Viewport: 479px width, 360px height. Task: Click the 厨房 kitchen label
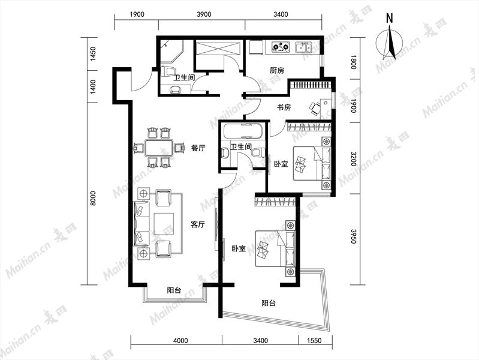(x=277, y=71)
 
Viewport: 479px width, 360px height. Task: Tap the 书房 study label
(x=284, y=107)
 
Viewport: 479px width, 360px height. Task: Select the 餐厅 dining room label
(x=198, y=148)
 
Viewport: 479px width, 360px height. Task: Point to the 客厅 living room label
(x=198, y=225)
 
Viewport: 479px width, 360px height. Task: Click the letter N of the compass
(x=389, y=19)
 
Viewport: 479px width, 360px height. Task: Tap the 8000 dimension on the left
(x=93, y=198)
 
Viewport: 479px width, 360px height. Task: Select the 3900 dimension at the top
(x=204, y=14)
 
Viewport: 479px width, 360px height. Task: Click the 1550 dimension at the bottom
(x=315, y=340)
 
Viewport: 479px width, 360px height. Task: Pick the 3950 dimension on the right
(x=354, y=236)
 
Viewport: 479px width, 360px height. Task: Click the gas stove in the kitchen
(x=281, y=47)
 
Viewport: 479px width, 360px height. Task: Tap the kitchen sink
(x=303, y=47)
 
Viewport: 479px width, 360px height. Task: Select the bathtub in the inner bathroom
(x=243, y=131)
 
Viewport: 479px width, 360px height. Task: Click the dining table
(x=159, y=148)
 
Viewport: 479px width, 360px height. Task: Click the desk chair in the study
(x=315, y=108)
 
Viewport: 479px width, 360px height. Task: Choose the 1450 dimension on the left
(x=93, y=54)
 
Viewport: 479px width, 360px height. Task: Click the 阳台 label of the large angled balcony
(x=269, y=303)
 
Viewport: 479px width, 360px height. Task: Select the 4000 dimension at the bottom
(x=180, y=340)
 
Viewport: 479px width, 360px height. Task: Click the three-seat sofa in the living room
(x=141, y=223)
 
